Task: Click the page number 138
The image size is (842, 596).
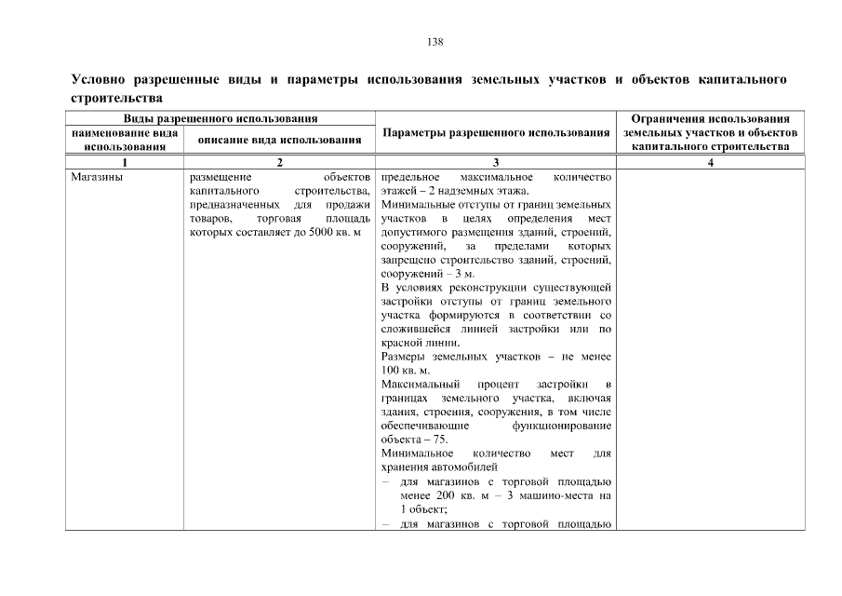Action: coord(434,42)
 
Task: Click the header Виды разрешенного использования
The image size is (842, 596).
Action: coord(221,119)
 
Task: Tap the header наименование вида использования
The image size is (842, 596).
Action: coord(125,140)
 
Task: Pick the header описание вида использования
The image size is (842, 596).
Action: coord(279,140)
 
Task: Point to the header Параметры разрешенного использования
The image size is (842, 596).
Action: coord(496,133)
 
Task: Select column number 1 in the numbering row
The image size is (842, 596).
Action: coord(125,163)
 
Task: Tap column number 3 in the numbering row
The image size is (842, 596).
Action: coord(496,163)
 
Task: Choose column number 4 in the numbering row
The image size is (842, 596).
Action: coord(711,163)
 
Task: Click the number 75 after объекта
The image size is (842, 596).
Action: coord(437,440)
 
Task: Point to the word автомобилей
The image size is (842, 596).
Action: coord(468,467)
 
